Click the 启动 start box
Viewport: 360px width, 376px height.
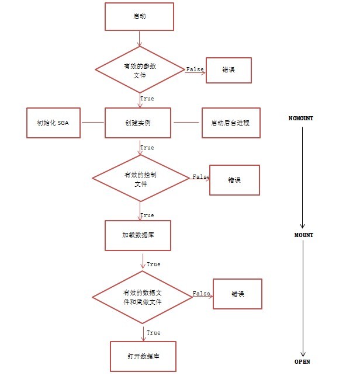(139, 16)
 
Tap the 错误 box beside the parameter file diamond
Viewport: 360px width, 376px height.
(229, 70)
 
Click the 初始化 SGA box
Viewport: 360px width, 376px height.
(54, 123)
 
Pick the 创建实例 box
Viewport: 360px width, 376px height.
(138, 123)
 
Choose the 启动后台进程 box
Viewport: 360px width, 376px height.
(230, 123)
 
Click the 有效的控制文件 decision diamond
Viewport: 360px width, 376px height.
(139, 179)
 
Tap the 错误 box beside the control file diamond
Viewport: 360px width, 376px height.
(234, 180)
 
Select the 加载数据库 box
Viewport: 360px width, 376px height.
(138, 235)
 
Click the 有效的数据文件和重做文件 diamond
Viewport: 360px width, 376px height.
(143, 297)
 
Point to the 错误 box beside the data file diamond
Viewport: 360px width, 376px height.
(237, 294)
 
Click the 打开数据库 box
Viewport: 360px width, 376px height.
(143, 356)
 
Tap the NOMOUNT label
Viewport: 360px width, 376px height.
(301, 119)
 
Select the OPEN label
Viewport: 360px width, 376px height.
(302, 362)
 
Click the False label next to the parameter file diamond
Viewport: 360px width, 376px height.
(195, 69)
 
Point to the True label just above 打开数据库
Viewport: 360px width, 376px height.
(153, 333)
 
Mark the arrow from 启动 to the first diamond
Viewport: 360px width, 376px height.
(139, 39)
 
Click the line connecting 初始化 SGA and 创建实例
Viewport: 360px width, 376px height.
(92, 123)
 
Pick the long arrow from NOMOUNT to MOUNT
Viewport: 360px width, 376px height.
(302, 175)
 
